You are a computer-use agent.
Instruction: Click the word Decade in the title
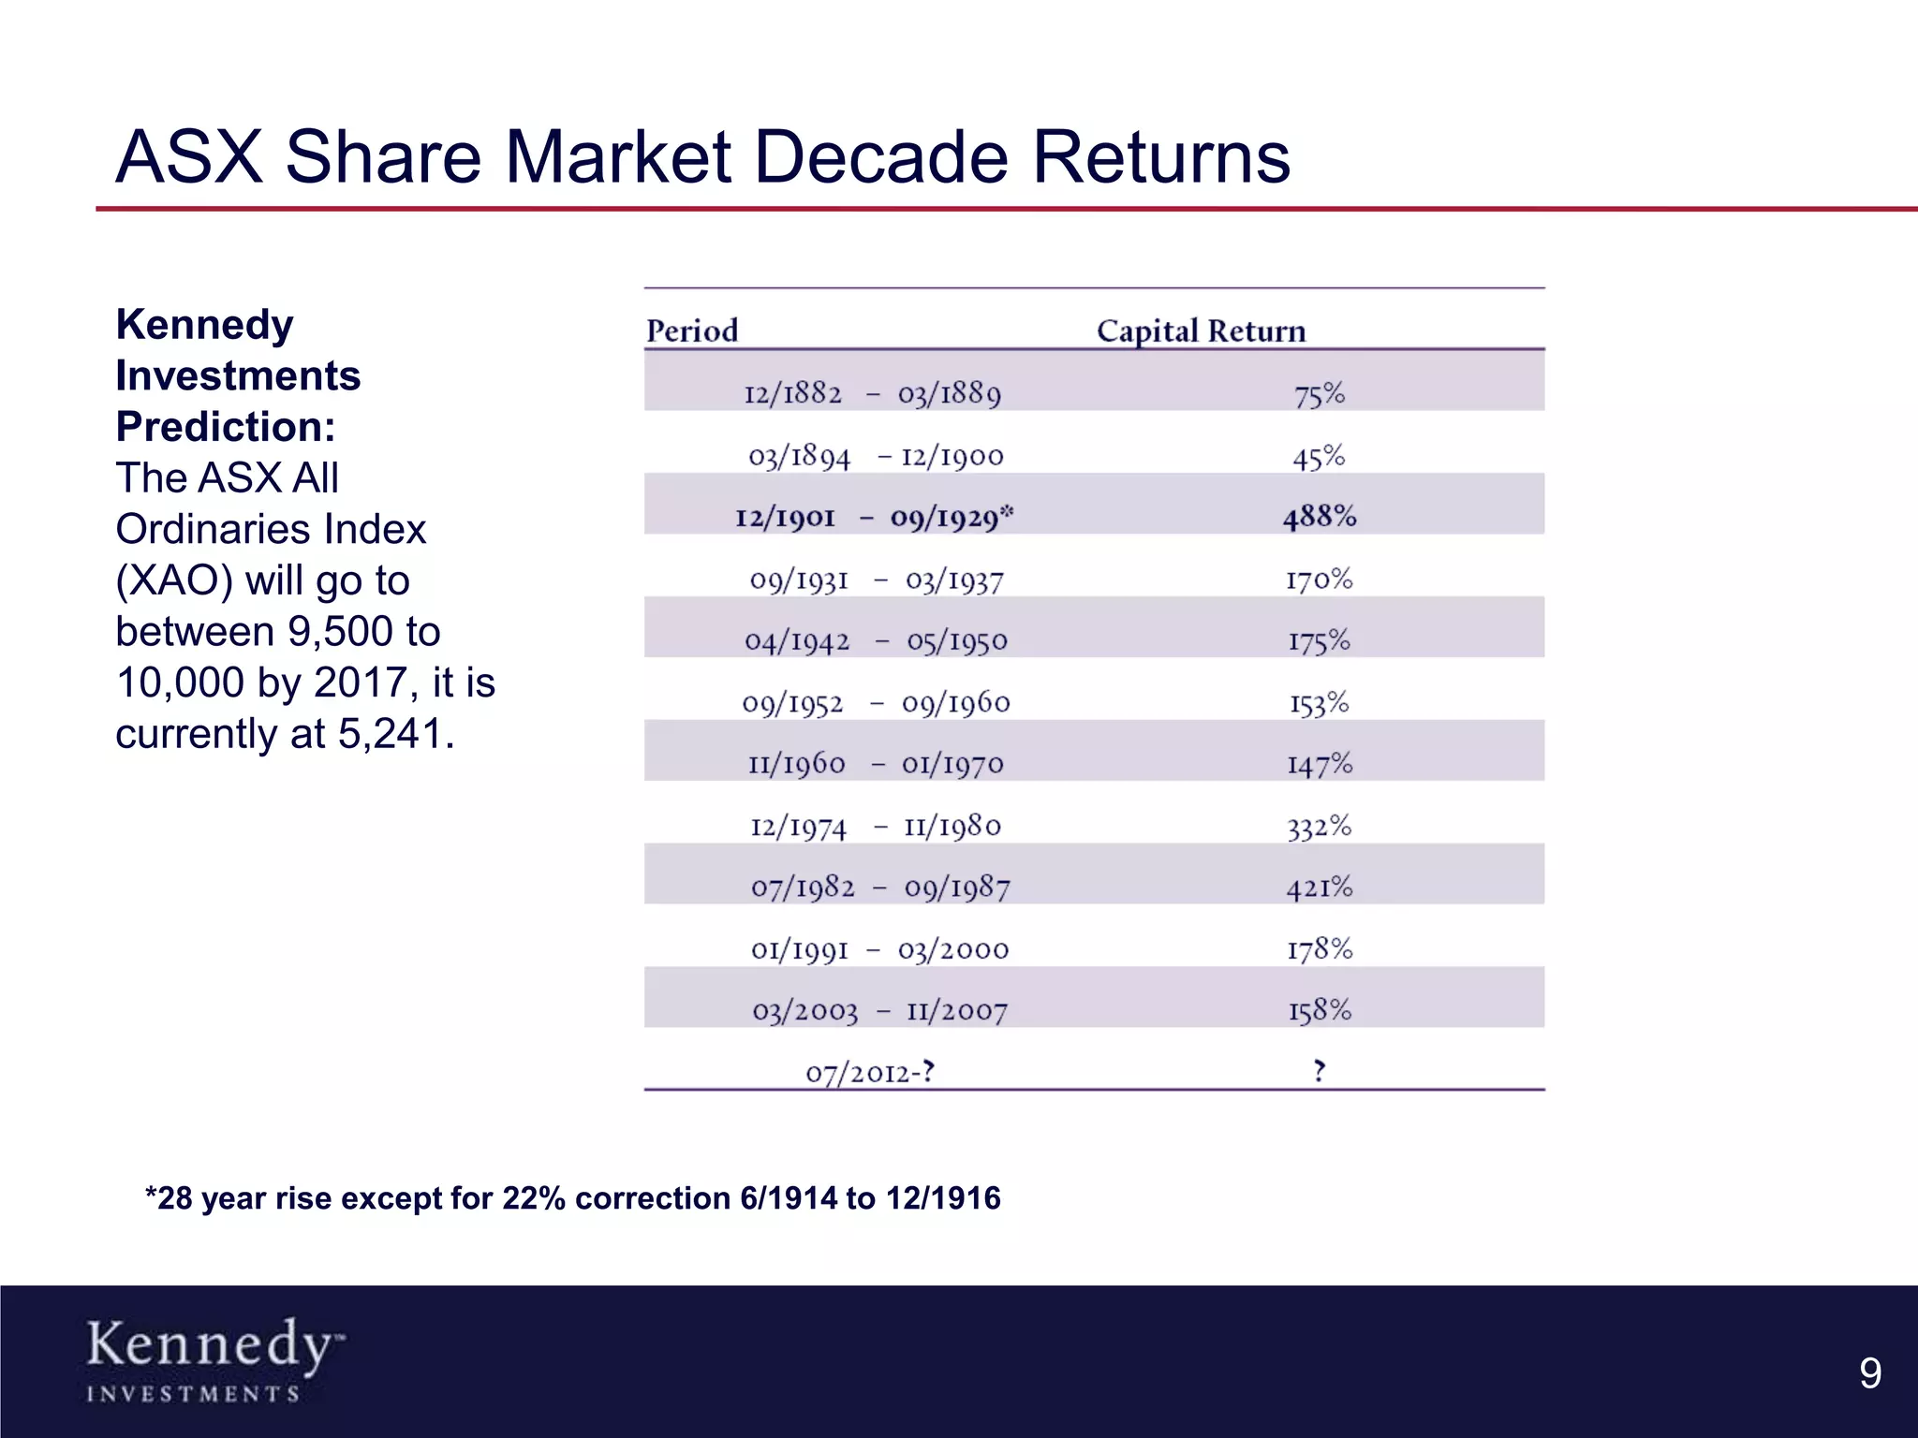[880, 156]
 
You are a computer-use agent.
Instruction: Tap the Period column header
[692, 330]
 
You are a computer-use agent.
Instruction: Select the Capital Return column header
[1201, 330]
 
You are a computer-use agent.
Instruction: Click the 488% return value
[1319, 516]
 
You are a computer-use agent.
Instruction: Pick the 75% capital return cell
[1319, 393]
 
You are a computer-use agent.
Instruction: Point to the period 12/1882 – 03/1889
[872, 393]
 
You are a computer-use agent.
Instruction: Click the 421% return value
[1319, 887]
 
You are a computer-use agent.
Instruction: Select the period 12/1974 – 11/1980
[876, 826]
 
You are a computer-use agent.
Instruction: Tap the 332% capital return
[1319, 826]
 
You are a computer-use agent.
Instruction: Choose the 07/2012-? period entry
[870, 1072]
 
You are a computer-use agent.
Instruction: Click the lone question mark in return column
[1319, 1070]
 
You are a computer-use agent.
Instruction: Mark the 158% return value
[1319, 1010]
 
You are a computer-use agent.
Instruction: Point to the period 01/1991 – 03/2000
[879, 949]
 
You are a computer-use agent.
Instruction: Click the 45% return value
[1319, 456]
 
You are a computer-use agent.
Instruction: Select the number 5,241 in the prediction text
[390, 734]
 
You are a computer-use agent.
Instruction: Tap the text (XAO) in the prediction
[173, 580]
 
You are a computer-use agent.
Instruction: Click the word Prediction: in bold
[225, 427]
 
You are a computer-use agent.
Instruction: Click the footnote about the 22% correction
[572, 1198]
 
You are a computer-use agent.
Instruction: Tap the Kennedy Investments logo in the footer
[214, 1359]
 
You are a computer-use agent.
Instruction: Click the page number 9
[1869, 1373]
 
